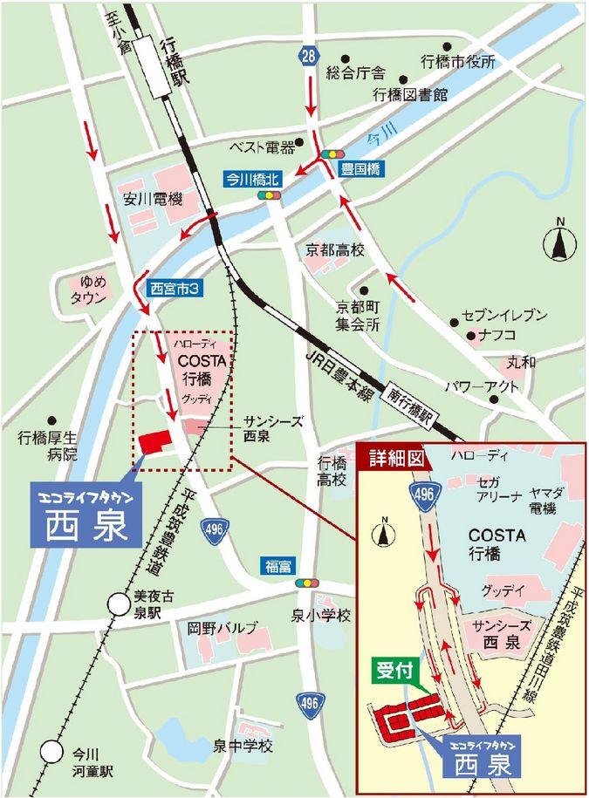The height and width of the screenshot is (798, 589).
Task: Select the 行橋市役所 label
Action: [x=458, y=62]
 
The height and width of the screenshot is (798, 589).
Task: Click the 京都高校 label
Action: [x=334, y=250]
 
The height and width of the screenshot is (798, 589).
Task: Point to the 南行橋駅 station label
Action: [x=412, y=405]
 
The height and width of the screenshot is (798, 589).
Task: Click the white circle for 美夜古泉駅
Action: [x=117, y=603]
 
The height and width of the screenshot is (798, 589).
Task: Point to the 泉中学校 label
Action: [x=243, y=747]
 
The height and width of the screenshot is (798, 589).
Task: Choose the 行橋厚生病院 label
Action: [x=51, y=445]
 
